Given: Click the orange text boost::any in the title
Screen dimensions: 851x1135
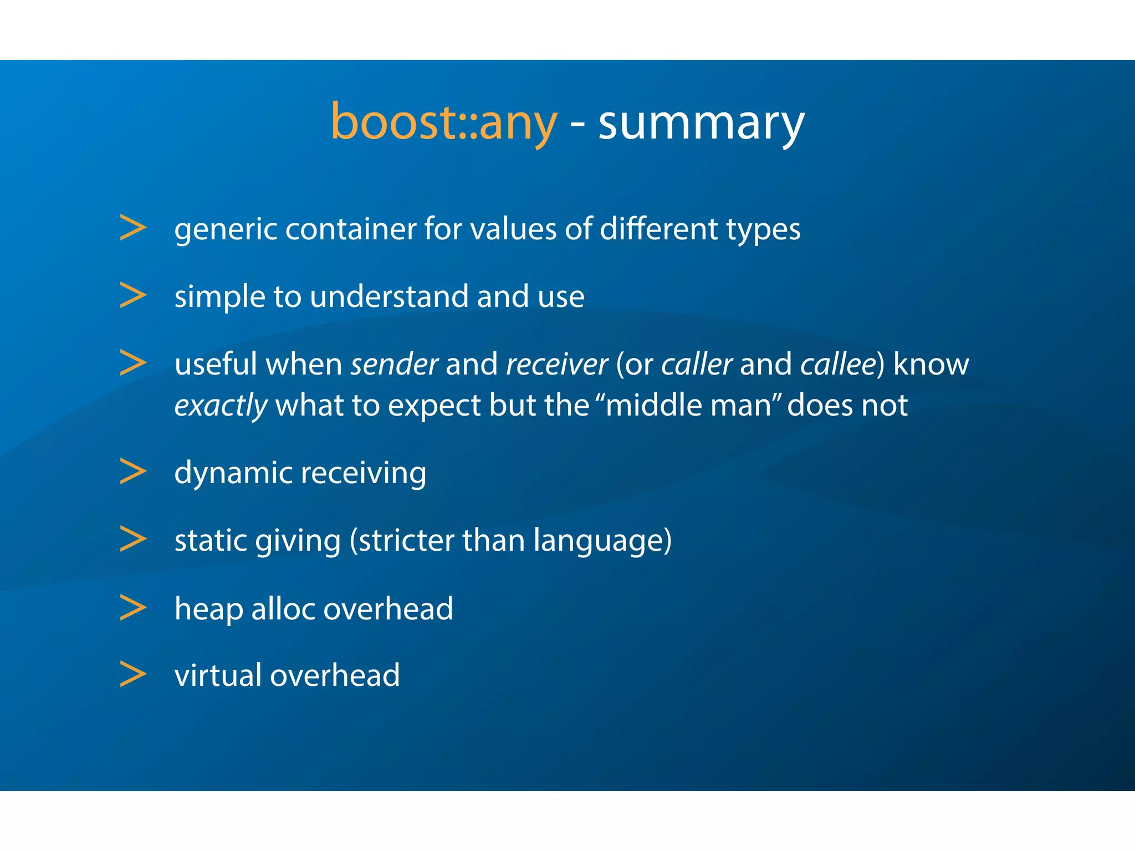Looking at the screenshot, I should pos(443,123).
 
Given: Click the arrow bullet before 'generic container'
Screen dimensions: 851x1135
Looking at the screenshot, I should pos(133,228).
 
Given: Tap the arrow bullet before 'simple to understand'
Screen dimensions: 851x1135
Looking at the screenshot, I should pos(133,295).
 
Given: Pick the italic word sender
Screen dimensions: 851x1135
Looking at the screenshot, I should pos(395,365).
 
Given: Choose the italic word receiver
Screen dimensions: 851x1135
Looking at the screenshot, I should pos(556,365).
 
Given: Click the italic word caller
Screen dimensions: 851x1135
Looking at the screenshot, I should pos(697,365).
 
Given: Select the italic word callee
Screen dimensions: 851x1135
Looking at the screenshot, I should pos(839,365).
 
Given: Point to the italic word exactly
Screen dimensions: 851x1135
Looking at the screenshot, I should pos(221,406).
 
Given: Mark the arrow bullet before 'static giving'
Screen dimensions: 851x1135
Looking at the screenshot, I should pos(133,539).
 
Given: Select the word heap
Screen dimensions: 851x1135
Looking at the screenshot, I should pos(208,609).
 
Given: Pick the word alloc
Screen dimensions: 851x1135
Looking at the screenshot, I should pos(283,608).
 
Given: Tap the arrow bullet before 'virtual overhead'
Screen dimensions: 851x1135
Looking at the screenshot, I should pos(133,674).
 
